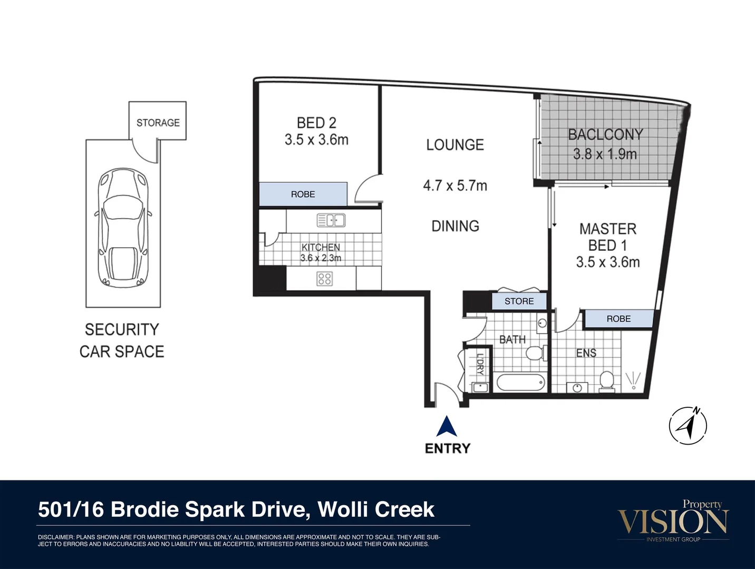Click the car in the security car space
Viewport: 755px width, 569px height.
pos(123,228)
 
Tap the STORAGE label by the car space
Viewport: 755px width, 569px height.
pos(158,123)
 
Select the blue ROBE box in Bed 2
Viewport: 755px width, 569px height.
pos(303,194)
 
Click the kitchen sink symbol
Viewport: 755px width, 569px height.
pos(331,220)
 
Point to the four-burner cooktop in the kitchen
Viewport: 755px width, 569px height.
pos(324,279)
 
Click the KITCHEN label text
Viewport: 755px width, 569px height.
pos(321,247)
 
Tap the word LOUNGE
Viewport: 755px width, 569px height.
pos(455,145)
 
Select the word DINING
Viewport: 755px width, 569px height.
pos(455,226)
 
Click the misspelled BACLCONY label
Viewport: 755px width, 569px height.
pos(605,134)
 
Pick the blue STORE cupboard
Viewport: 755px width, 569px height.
pos(519,301)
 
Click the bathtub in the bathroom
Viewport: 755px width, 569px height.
pos(521,382)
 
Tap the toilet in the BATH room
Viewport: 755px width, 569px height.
pos(536,353)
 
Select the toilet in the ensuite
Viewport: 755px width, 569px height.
pos(607,381)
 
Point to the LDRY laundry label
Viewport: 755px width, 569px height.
pos(480,364)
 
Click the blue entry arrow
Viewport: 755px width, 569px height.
pos(447,426)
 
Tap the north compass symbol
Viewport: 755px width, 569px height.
pos(688,425)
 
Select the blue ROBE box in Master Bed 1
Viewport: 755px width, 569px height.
pos(619,319)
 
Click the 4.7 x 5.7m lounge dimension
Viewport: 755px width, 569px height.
pos(455,185)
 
